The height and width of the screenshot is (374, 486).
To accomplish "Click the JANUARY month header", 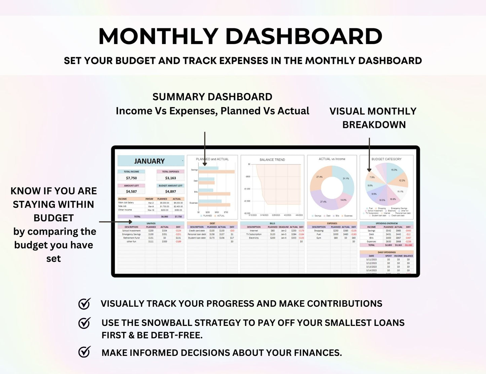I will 149,161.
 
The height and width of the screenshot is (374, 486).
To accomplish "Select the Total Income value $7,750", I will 131,178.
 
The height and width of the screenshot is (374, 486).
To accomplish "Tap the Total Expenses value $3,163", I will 171,178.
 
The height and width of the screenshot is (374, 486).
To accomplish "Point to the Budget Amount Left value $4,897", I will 171,191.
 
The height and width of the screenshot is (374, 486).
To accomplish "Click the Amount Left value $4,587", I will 131,191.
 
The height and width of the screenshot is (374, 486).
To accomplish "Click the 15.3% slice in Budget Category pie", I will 393,170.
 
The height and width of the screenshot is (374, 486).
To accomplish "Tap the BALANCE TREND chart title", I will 272,160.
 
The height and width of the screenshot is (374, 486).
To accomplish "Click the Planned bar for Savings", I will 208,168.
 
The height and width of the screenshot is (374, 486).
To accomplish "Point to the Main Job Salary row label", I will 126,203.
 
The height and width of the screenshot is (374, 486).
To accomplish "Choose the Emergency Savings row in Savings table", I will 132,234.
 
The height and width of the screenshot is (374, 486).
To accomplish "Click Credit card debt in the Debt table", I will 197,231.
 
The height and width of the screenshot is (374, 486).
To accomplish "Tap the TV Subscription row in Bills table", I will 254,234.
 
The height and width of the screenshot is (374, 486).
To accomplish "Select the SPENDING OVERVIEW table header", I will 386,223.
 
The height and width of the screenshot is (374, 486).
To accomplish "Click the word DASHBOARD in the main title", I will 304,36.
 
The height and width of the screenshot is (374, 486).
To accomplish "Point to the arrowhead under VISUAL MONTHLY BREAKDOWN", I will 369,170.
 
